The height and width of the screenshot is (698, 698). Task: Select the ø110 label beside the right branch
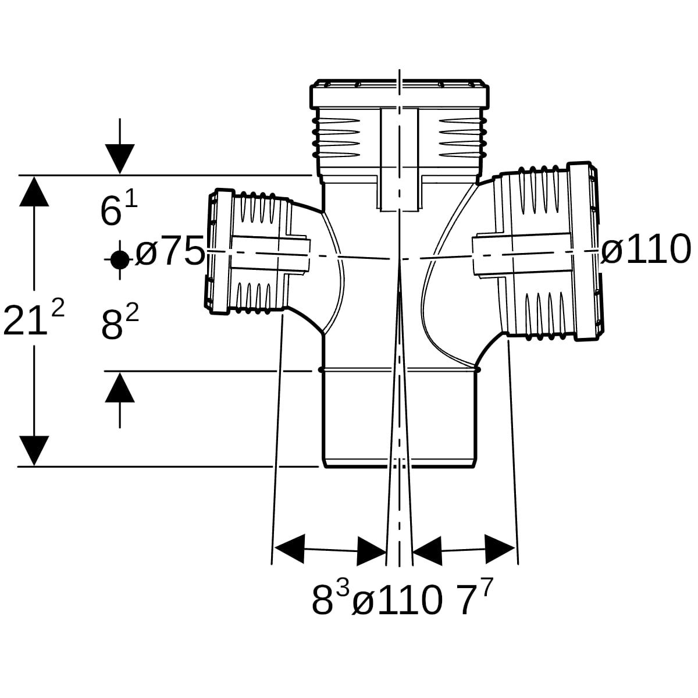[646, 250]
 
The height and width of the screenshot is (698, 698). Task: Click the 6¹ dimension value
[119, 209]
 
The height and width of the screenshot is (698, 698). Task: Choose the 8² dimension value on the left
[120, 322]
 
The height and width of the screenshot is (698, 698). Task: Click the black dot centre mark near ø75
[120, 259]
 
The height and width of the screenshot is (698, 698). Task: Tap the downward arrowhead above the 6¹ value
[120, 159]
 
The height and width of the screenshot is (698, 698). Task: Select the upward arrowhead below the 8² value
[120, 387]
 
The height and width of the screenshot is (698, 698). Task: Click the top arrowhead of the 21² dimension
[34, 191]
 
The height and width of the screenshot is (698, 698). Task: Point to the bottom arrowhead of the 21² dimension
[34, 451]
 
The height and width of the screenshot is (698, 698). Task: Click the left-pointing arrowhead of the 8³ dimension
[290, 549]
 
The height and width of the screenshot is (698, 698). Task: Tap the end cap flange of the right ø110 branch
[582, 251]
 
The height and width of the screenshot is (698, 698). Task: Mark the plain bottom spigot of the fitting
[399, 419]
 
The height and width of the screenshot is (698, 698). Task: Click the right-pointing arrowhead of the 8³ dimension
[371, 551]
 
